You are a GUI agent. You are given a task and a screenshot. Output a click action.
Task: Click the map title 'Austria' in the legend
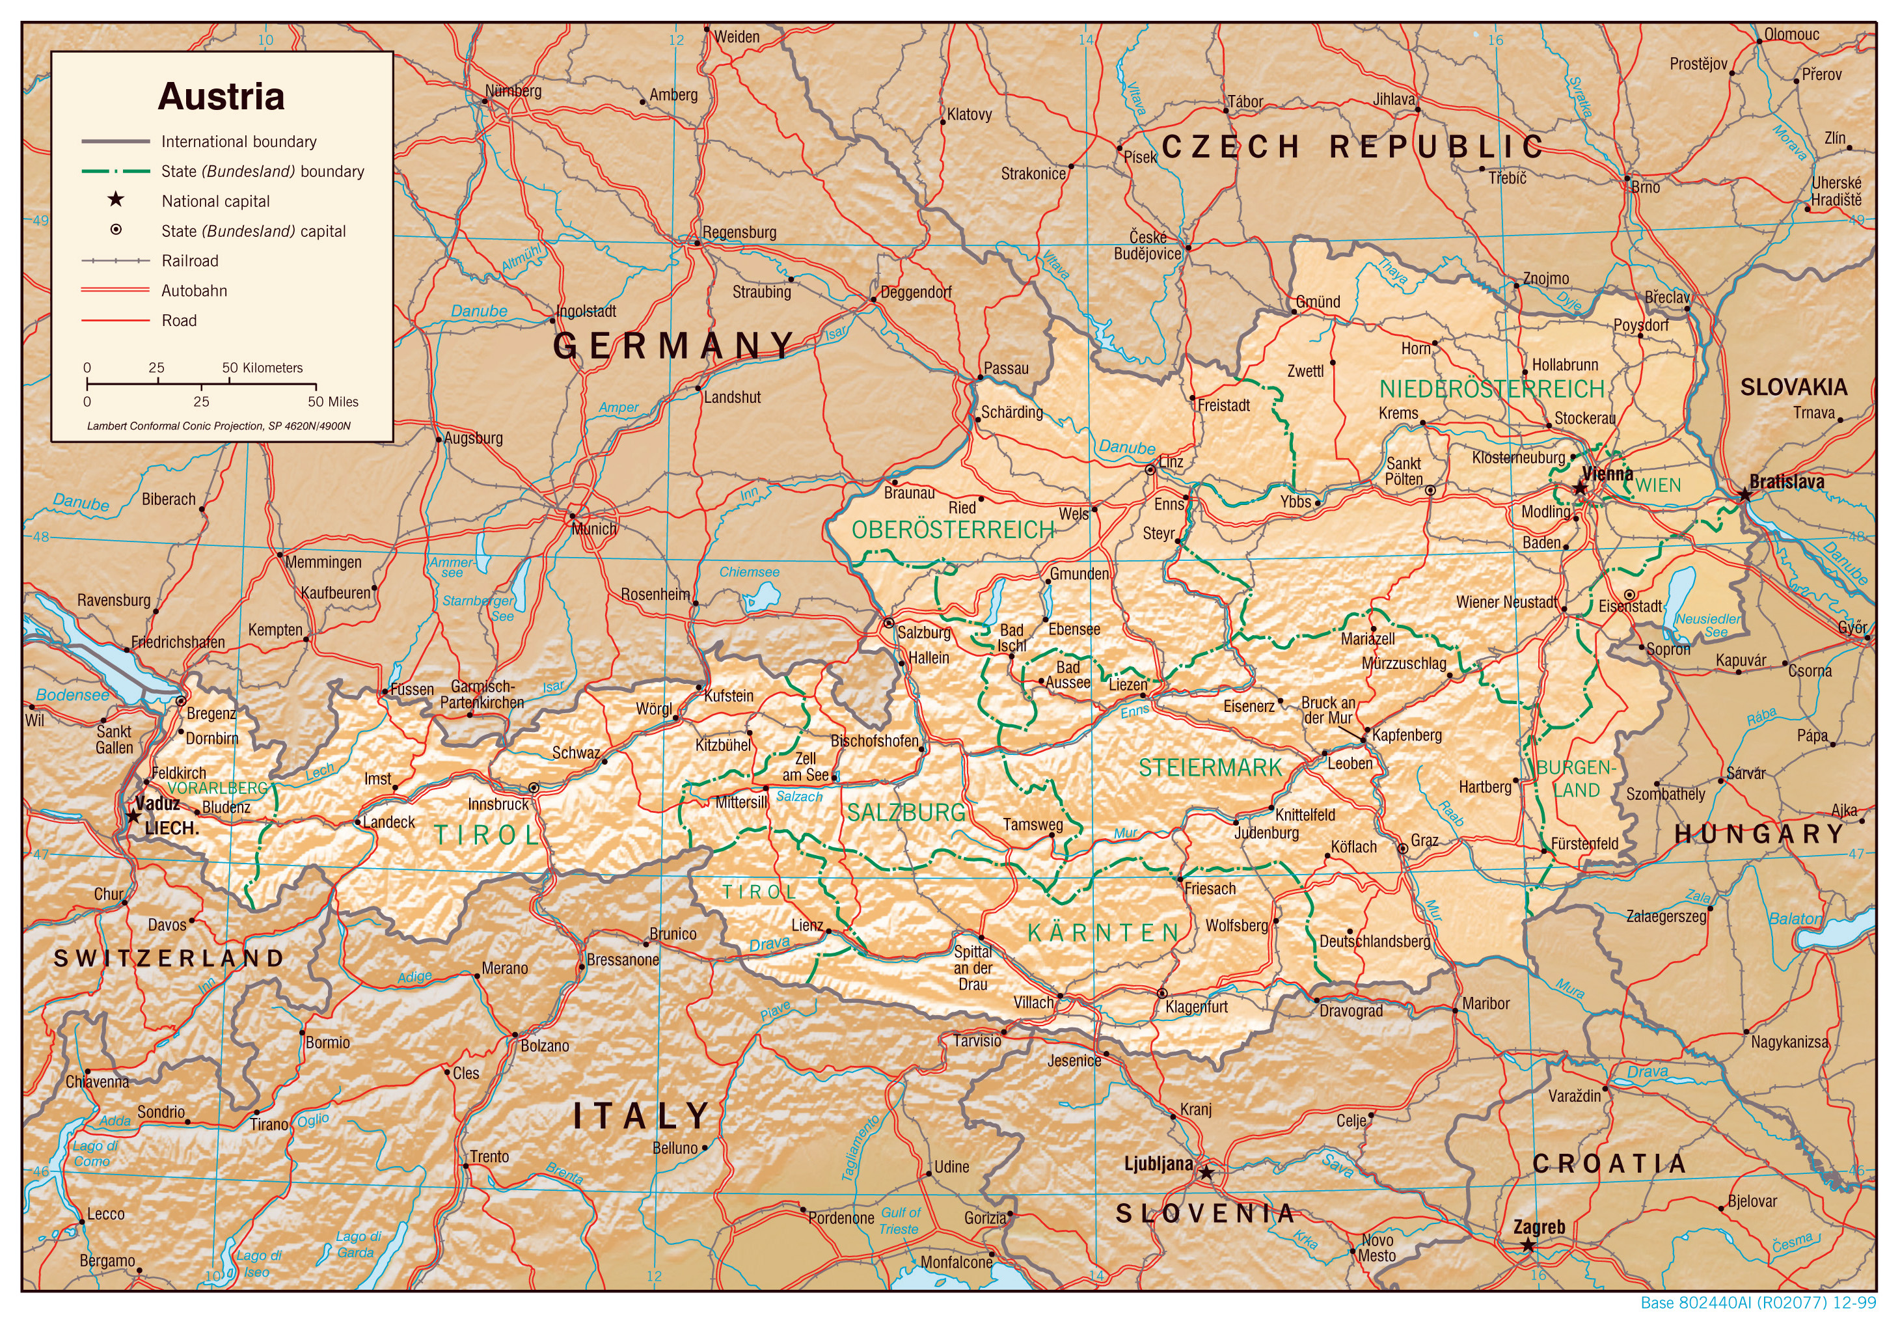[x=221, y=97]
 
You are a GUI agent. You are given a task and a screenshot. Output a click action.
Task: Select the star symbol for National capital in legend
[x=116, y=200]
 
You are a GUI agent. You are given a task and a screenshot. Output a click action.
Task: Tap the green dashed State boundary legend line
[x=115, y=171]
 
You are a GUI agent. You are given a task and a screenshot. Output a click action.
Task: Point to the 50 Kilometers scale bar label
[x=262, y=368]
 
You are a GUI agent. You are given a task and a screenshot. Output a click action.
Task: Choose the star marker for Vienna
[x=1580, y=488]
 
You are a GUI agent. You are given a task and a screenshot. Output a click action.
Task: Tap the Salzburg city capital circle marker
[x=889, y=622]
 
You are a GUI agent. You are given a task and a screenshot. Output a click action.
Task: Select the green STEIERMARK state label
[x=1210, y=768]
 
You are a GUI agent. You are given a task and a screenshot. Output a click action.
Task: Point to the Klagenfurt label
[x=1197, y=1007]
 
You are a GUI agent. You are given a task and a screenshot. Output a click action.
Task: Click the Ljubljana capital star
[x=1206, y=1173]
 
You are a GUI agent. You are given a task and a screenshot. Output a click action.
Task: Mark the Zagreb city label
[x=1540, y=1227]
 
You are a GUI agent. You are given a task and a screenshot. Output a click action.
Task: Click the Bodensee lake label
[x=72, y=695]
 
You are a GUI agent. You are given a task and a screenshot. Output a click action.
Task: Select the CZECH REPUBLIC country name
[x=1352, y=146]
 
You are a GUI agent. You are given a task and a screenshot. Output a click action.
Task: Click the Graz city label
[x=1424, y=841]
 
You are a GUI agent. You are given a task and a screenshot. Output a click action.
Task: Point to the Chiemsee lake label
[x=749, y=572]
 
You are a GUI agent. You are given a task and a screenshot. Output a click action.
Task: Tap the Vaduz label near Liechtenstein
[x=157, y=804]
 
